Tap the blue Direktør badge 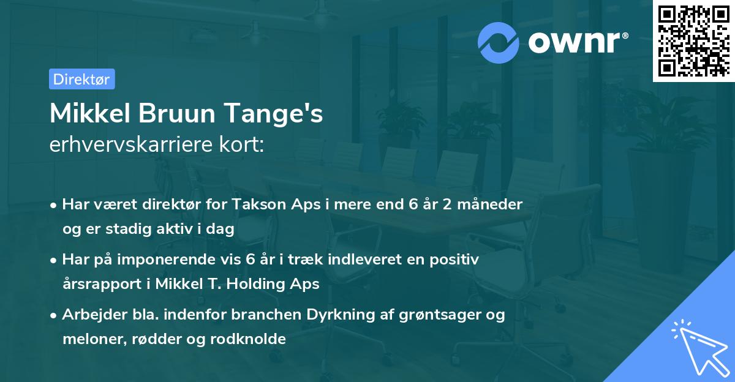point(81,79)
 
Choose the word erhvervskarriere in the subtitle point(138,145)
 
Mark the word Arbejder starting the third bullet point(89,315)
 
